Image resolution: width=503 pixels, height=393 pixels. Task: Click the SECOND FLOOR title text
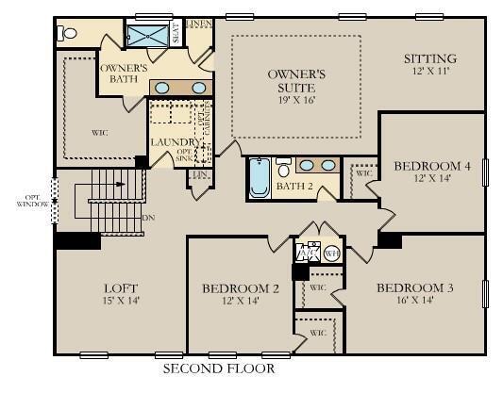pyautogui.click(x=219, y=368)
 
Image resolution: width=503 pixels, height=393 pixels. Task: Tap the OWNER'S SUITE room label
pyautogui.click(x=296, y=79)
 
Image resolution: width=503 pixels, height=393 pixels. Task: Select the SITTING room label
pyautogui.click(x=429, y=58)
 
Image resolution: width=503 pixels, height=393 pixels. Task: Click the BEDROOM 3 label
pyautogui.click(x=415, y=287)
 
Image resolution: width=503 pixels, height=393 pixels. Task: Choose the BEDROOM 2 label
pyautogui.click(x=241, y=287)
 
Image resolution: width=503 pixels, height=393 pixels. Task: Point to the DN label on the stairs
pyautogui.click(x=147, y=219)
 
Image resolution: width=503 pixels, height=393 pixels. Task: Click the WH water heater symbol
pyautogui.click(x=331, y=253)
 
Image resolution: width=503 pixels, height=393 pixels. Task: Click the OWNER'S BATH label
pyautogui.click(x=124, y=74)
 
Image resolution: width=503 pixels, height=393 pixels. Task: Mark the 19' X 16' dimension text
pyautogui.click(x=296, y=97)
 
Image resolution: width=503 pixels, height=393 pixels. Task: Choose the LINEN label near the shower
pyautogui.click(x=198, y=22)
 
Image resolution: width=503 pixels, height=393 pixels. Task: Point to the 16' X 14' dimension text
pyautogui.click(x=415, y=302)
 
